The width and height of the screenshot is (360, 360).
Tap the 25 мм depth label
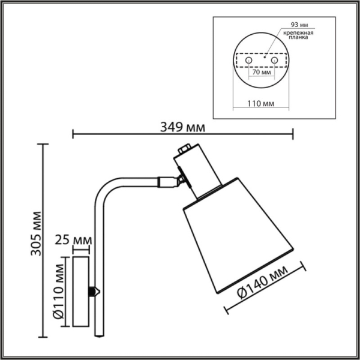coord(72,241)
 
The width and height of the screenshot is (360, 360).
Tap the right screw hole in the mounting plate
coord(274,61)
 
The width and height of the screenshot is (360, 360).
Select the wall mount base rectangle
coord(80,292)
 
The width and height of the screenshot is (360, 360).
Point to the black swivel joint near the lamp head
coord(179,178)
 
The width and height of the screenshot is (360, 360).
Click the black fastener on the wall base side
coord(93,291)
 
